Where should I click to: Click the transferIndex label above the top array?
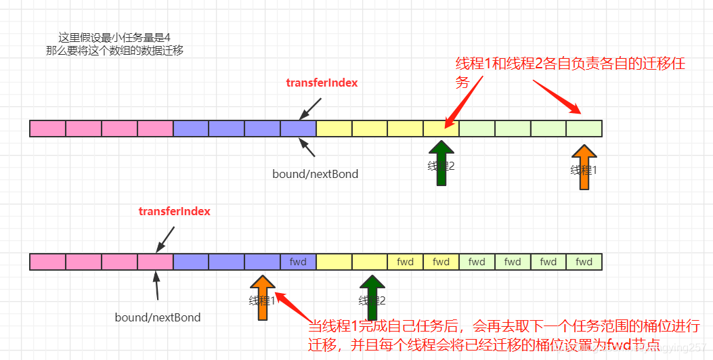(322, 83)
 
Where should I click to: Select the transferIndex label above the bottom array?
(174, 211)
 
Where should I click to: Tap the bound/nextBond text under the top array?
(315, 174)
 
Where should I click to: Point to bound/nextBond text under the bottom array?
(158, 317)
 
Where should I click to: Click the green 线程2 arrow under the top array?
(441, 162)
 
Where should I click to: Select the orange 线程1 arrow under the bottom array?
(263, 297)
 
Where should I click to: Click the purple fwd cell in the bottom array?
(298, 262)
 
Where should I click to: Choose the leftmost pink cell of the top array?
(48, 128)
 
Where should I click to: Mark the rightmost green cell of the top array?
(584, 128)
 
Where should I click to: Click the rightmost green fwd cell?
(584, 262)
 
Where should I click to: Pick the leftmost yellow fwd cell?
(406, 262)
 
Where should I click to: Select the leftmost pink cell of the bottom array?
(48, 262)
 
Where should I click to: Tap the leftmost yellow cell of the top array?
(334, 128)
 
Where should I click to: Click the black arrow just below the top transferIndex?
(311, 106)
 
